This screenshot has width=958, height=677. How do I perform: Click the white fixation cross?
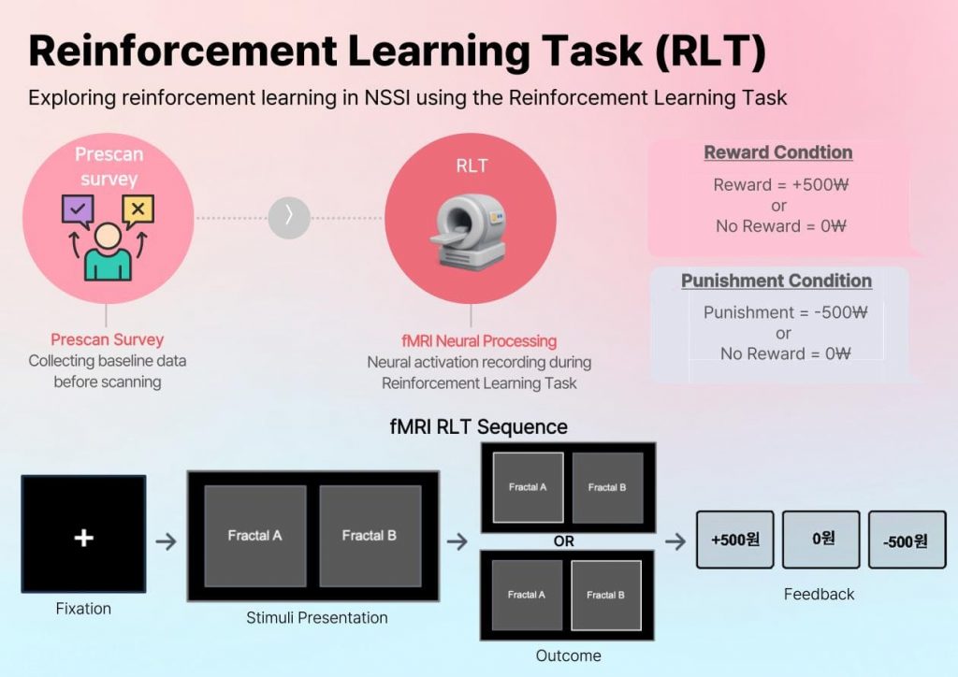coord(83,538)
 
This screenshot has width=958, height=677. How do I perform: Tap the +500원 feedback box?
coord(734,540)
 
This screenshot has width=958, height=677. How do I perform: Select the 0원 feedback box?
coord(820,540)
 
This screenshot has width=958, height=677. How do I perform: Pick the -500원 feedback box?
coord(907,540)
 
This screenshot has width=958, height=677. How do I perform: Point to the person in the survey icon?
coord(108,252)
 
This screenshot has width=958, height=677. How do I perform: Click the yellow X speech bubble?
coord(138,210)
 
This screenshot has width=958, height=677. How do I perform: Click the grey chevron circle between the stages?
coord(288,217)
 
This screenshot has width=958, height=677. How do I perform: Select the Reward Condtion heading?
coord(777,152)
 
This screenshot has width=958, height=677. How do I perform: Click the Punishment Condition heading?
coord(776,281)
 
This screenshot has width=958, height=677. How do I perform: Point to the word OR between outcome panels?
coord(564,541)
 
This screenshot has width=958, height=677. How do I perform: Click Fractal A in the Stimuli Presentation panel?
coord(254,536)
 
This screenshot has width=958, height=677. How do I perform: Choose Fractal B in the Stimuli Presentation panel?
coord(369,536)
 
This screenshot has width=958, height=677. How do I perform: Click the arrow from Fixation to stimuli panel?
coord(166,541)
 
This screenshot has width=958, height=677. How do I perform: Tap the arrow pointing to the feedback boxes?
coord(675,541)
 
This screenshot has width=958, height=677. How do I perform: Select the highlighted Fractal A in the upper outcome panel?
coord(528,487)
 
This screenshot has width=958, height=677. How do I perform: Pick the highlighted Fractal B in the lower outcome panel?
coord(606,595)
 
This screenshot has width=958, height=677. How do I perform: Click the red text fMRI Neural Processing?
coord(479,340)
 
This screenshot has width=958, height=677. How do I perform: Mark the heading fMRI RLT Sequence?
coord(478,427)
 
